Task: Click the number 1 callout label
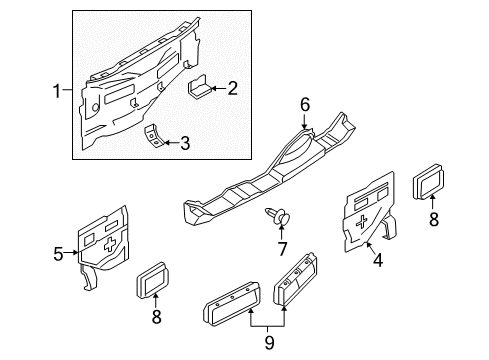pos(57,91)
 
